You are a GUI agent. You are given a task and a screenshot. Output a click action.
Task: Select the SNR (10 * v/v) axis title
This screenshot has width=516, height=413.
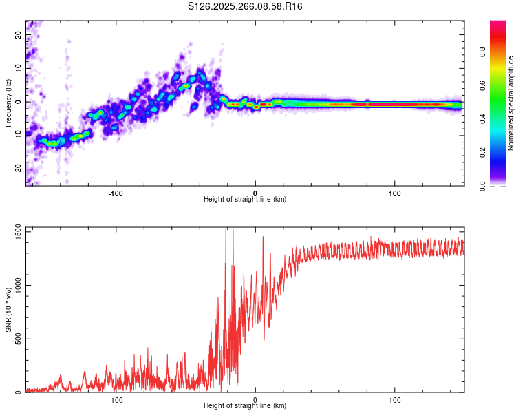pos(8,310)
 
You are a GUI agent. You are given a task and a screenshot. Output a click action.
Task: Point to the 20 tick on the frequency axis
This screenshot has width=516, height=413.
pos(19,35)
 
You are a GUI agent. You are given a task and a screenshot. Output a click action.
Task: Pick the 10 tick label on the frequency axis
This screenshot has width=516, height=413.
pos(19,68)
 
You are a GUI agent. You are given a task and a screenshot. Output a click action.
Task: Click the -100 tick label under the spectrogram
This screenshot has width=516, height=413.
pos(116,193)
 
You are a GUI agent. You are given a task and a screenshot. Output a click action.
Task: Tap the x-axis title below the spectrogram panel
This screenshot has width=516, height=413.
pos(245,200)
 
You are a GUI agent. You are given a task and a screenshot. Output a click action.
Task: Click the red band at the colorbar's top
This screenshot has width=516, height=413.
pos(498,24)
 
